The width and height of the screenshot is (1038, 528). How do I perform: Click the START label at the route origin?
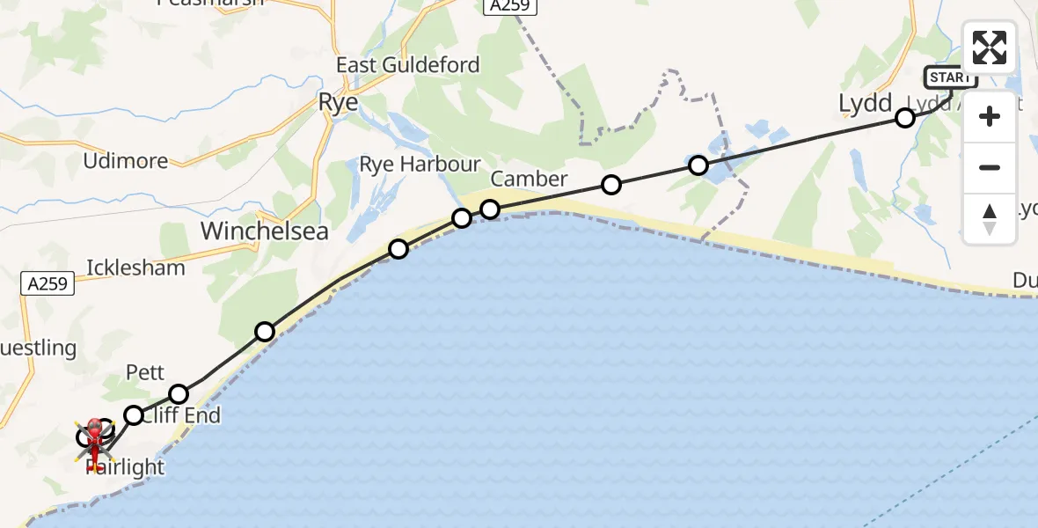(x=950, y=77)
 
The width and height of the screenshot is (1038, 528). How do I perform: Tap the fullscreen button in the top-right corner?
(x=990, y=48)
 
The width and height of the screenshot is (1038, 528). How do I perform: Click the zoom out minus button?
(x=990, y=167)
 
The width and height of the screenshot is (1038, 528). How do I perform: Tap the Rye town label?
(x=338, y=103)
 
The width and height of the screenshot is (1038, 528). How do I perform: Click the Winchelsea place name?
(x=265, y=231)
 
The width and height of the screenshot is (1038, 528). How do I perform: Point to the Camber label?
(x=530, y=180)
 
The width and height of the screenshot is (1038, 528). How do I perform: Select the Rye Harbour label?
(x=420, y=165)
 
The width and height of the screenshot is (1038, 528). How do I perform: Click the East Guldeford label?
(x=408, y=65)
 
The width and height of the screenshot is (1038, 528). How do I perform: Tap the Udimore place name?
(x=125, y=161)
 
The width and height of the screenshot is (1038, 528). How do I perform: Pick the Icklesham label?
(x=135, y=268)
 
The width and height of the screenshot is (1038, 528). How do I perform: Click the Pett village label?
(x=145, y=372)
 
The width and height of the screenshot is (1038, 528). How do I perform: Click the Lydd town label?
(x=866, y=103)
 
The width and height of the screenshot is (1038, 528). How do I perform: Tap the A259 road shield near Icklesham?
(x=46, y=283)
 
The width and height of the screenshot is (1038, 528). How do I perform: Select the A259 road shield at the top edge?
(x=509, y=5)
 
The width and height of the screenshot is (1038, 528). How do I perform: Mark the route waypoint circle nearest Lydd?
(x=904, y=118)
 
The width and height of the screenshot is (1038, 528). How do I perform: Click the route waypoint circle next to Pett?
(x=179, y=393)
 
